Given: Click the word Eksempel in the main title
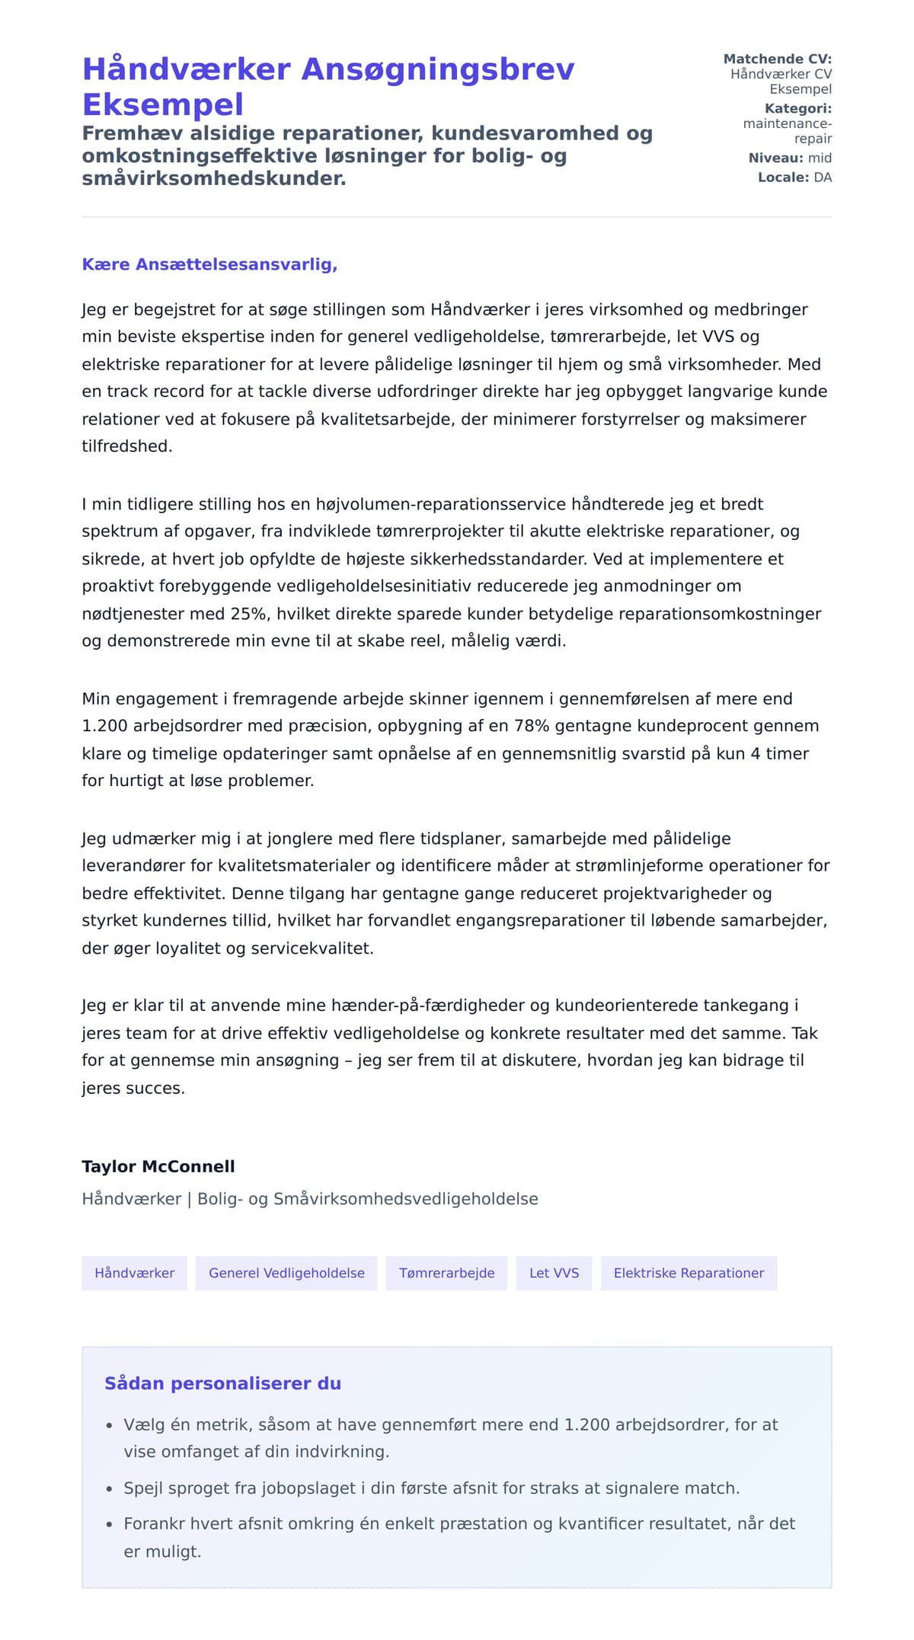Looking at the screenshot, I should [x=163, y=104].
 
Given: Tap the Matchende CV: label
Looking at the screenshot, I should [x=777, y=59].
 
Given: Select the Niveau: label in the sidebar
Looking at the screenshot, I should [x=775, y=158].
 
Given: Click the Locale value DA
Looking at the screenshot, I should [x=823, y=177].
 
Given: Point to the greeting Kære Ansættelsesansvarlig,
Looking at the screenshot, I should [x=209, y=264].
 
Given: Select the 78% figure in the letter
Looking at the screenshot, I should [x=532, y=726].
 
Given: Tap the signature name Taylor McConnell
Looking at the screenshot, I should [x=158, y=1166].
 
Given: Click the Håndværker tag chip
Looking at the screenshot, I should [x=134, y=1273].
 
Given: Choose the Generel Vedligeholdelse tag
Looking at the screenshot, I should [x=286, y=1273].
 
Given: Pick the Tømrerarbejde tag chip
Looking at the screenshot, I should [x=446, y=1273].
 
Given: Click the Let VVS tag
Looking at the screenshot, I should [x=554, y=1273].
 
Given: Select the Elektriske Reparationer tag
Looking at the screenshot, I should [x=689, y=1273].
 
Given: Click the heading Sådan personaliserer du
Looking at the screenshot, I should [x=222, y=1383].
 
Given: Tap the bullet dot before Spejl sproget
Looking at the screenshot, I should [x=109, y=1489].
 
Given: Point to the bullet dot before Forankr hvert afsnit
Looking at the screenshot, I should [x=109, y=1525].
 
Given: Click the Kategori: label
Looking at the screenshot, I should [x=797, y=108].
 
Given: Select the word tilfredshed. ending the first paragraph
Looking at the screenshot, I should [x=127, y=446].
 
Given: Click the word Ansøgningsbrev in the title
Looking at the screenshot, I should [x=438, y=69].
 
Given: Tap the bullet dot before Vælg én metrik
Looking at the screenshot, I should [x=109, y=1425].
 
